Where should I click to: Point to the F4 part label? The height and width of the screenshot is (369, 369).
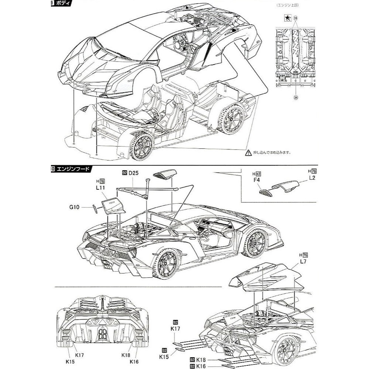(257, 180)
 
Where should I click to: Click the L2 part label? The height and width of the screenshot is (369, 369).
(312, 178)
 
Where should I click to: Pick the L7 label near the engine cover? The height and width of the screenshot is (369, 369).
(303, 261)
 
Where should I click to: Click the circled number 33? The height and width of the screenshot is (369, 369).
(296, 17)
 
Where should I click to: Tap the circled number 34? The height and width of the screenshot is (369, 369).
(296, 97)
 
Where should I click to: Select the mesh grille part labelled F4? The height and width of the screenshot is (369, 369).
(265, 192)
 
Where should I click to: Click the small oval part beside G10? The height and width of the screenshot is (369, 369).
(94, 209)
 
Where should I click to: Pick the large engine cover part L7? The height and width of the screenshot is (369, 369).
(266, 277)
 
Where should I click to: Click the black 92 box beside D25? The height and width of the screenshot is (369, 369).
(124, 172)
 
